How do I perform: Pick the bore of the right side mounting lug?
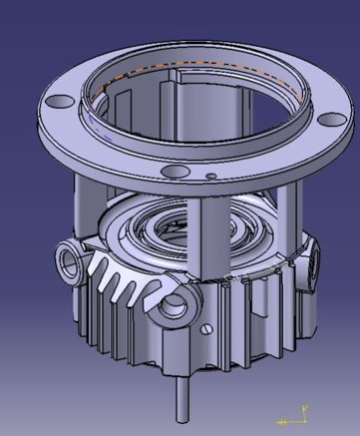pos(312,265)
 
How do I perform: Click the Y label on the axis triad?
pos(305,407)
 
